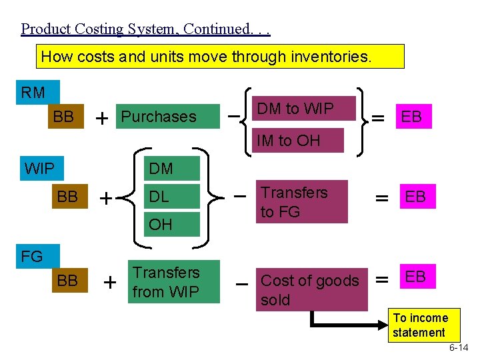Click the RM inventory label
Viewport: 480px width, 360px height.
(33, 93)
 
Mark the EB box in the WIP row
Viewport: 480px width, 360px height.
(417, 197)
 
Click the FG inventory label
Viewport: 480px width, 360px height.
(31, 256)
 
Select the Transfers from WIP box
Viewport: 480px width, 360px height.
(175, 281)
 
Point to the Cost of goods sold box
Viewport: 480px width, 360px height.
(311, 289)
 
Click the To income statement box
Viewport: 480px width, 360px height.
(419, 325)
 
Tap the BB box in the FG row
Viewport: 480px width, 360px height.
(67, 281)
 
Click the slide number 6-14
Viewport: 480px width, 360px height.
(458, 348)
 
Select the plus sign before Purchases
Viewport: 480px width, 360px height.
(102, 118)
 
